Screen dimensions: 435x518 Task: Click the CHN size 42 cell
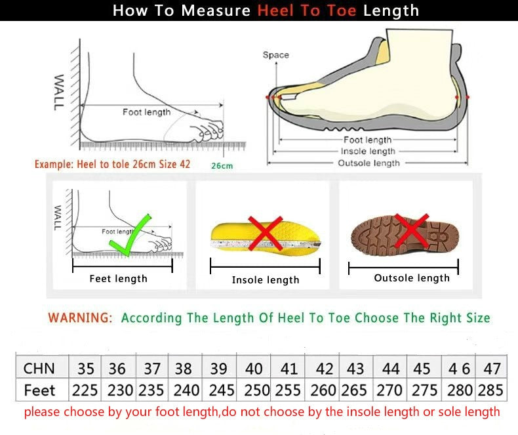[324, 368]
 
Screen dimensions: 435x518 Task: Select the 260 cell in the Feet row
[323, 390]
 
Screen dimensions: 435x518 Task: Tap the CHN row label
[39, 367]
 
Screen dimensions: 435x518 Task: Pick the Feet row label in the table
[39, 390]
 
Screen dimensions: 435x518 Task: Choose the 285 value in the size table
[490, 390]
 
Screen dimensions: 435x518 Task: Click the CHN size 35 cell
[85, 368]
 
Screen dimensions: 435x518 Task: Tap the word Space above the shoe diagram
[275, 55]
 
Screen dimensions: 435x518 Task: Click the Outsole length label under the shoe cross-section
[369, 163]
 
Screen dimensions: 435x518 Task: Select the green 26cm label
[222, 165]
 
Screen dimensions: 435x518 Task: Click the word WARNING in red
[80, 318]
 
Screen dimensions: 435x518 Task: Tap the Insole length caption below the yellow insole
[266, 280]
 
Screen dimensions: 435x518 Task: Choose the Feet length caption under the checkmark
[118, 279]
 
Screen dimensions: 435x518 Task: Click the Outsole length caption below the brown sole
[412, 278]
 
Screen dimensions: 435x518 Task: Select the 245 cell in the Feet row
[221, 390]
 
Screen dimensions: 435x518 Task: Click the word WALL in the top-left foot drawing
[58, 92]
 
